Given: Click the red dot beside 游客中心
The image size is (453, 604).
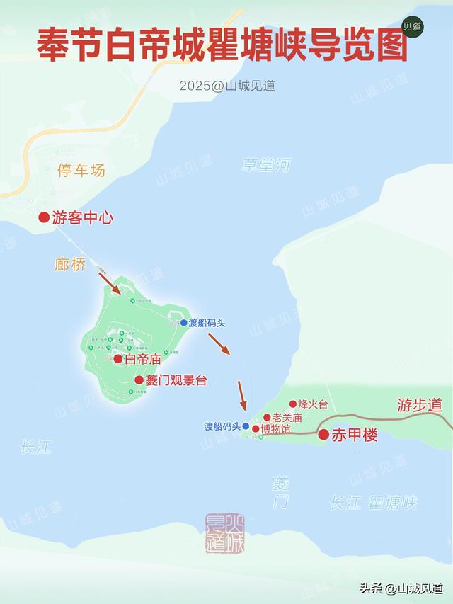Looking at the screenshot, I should [44, 218].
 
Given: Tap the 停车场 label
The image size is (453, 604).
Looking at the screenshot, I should [81, 170].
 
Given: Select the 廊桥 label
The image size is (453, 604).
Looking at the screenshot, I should [70, 263].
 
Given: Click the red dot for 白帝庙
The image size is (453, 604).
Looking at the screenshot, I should [118, 359].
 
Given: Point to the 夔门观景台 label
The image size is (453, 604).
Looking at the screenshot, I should [176, 380].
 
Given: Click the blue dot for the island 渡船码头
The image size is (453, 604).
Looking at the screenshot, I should [183, 323].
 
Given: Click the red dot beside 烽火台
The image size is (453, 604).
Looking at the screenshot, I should [293, 404].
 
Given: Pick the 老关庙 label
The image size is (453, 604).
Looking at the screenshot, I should [287, 418].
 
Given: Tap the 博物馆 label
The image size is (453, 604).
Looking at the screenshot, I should [275, 428].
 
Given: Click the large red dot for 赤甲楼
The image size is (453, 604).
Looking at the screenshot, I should [323, 435].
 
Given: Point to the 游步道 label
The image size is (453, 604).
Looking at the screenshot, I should [419, 406].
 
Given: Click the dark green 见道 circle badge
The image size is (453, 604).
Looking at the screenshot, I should [413, 25].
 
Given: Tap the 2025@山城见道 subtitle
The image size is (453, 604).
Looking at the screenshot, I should [226, 86].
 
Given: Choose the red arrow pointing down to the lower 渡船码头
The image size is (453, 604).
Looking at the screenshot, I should [241, 396].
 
